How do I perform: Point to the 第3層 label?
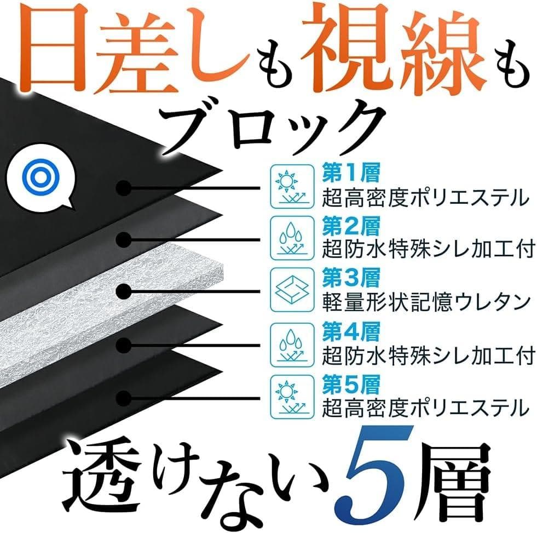(350, 279)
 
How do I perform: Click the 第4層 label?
(350, 332)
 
